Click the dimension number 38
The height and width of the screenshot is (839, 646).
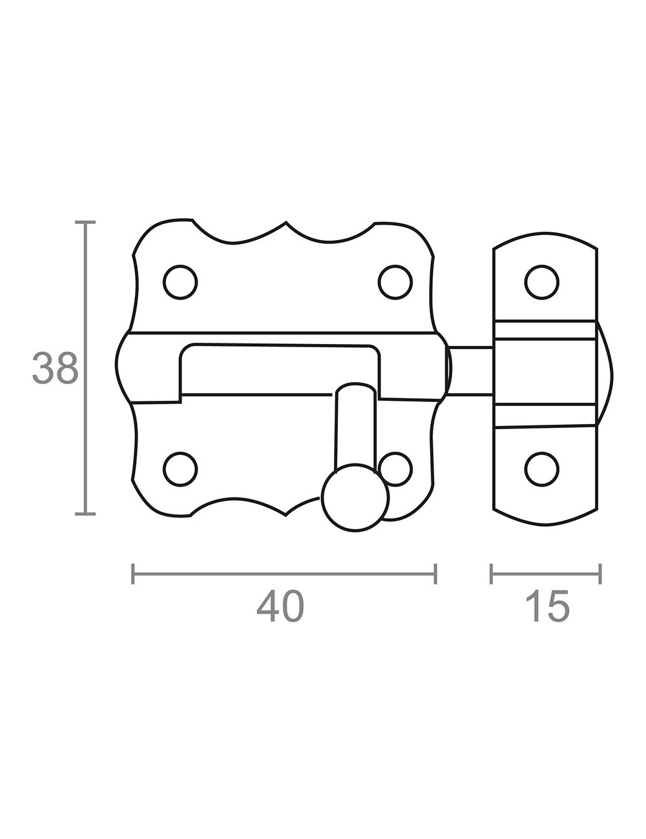pyautogui.click(x=55, y=368)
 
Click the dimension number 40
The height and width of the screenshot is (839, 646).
pyautogui.click(x=280, y=606)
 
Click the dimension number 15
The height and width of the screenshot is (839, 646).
pyautogui.click(x=548, y=606)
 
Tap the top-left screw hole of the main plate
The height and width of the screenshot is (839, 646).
pyautogui.click(x=180, y=282)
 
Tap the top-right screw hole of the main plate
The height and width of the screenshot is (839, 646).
pyautogui.click(x=395, y=282)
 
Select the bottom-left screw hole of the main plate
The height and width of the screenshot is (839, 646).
pyautogui.click(x=180, y=469)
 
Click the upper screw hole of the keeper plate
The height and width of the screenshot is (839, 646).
pyautogui.click(x=542, y=282)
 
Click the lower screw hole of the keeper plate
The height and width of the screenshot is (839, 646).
pyautogui.click(x=542, y=469)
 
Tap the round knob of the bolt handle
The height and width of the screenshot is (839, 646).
pyautogui.click(x=355, y=498)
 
